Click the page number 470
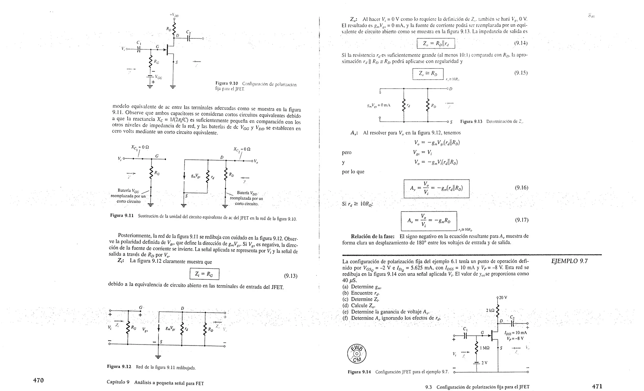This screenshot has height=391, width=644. (38, 380)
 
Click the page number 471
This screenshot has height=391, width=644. (597, 386)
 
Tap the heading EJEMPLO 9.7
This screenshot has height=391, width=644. (569, 261)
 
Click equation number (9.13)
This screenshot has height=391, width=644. (291, 276)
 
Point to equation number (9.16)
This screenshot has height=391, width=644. (521, 188)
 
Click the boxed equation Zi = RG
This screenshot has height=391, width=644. (204, 274)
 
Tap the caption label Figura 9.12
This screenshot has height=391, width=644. (119, 366)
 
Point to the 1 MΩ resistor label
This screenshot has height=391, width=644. (485, 348)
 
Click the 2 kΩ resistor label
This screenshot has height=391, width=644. (490, 311)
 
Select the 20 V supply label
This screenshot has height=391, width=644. (503, 297)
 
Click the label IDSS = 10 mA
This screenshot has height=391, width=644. (515, 333)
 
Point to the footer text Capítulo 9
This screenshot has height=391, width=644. (118, 383)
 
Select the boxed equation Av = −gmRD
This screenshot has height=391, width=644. (429, 221)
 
